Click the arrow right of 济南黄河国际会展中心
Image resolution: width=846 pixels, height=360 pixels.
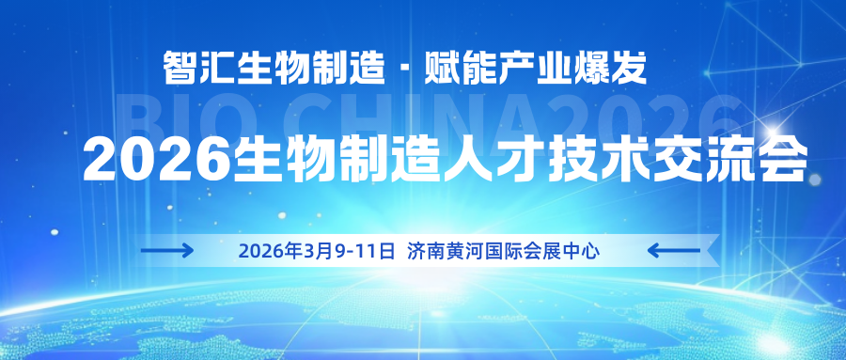click(675, 250)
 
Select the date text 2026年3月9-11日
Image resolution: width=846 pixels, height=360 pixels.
click(316, 251)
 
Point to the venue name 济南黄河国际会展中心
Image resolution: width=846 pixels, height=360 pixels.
click(503, 251)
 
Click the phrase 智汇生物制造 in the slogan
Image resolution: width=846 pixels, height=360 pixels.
click(274, 66)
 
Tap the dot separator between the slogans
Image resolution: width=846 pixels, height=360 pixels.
click(405, 68)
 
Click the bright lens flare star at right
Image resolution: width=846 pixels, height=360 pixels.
click(776, 133)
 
